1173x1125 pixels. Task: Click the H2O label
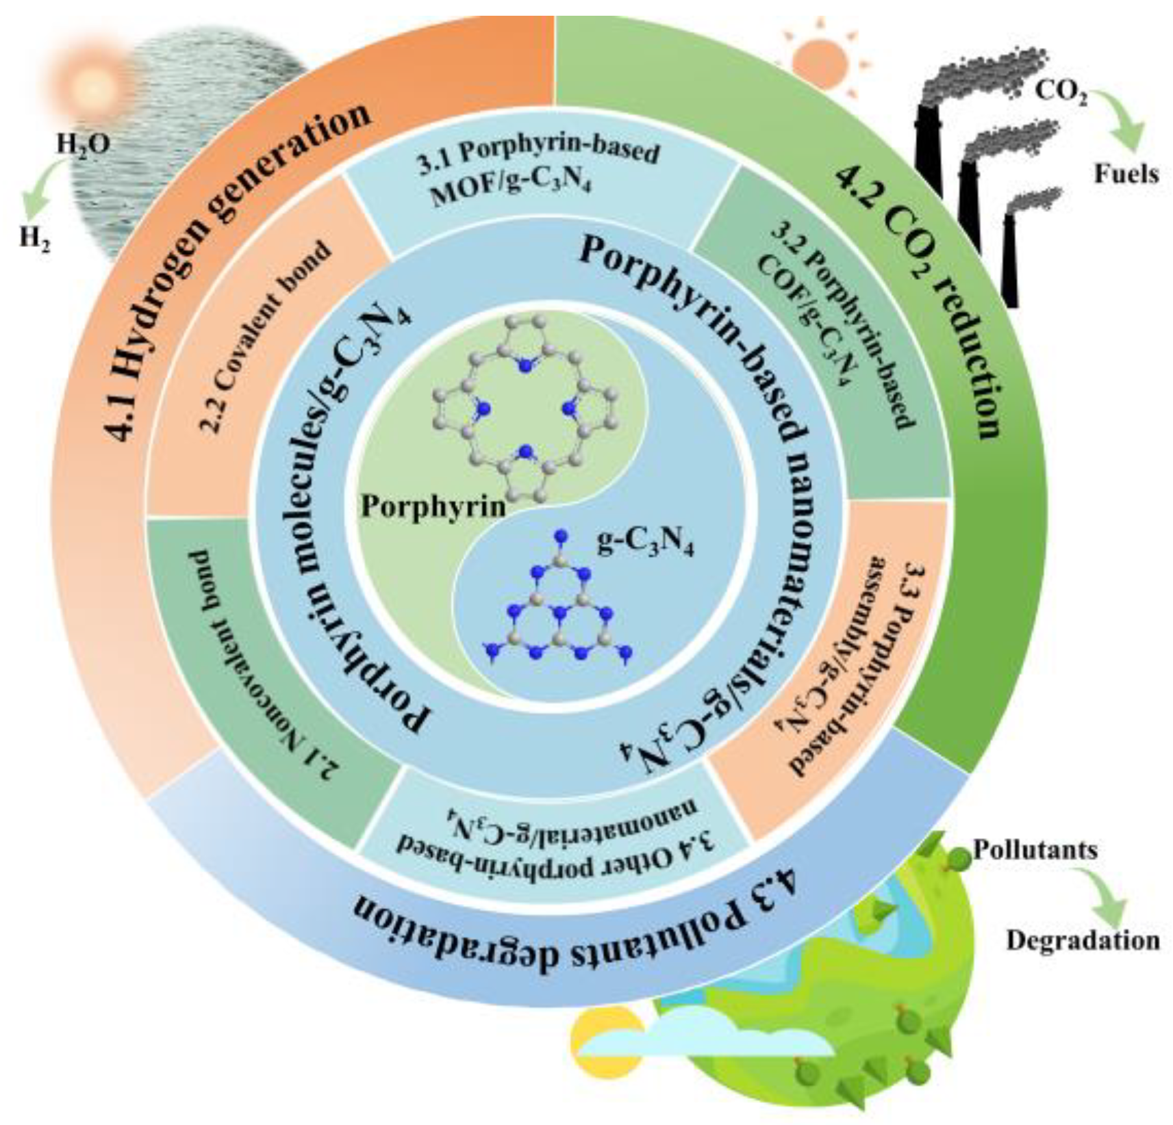click(83, 144)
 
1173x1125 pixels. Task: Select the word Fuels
click(1126, 174)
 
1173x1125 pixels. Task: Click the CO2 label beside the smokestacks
click(1060, 92)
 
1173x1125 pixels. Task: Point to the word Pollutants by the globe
click(1035, 851)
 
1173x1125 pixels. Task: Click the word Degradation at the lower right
click(1083, 941)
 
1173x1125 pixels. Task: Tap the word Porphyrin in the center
click(433, 506)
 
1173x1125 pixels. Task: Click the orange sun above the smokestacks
click(818, 60)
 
